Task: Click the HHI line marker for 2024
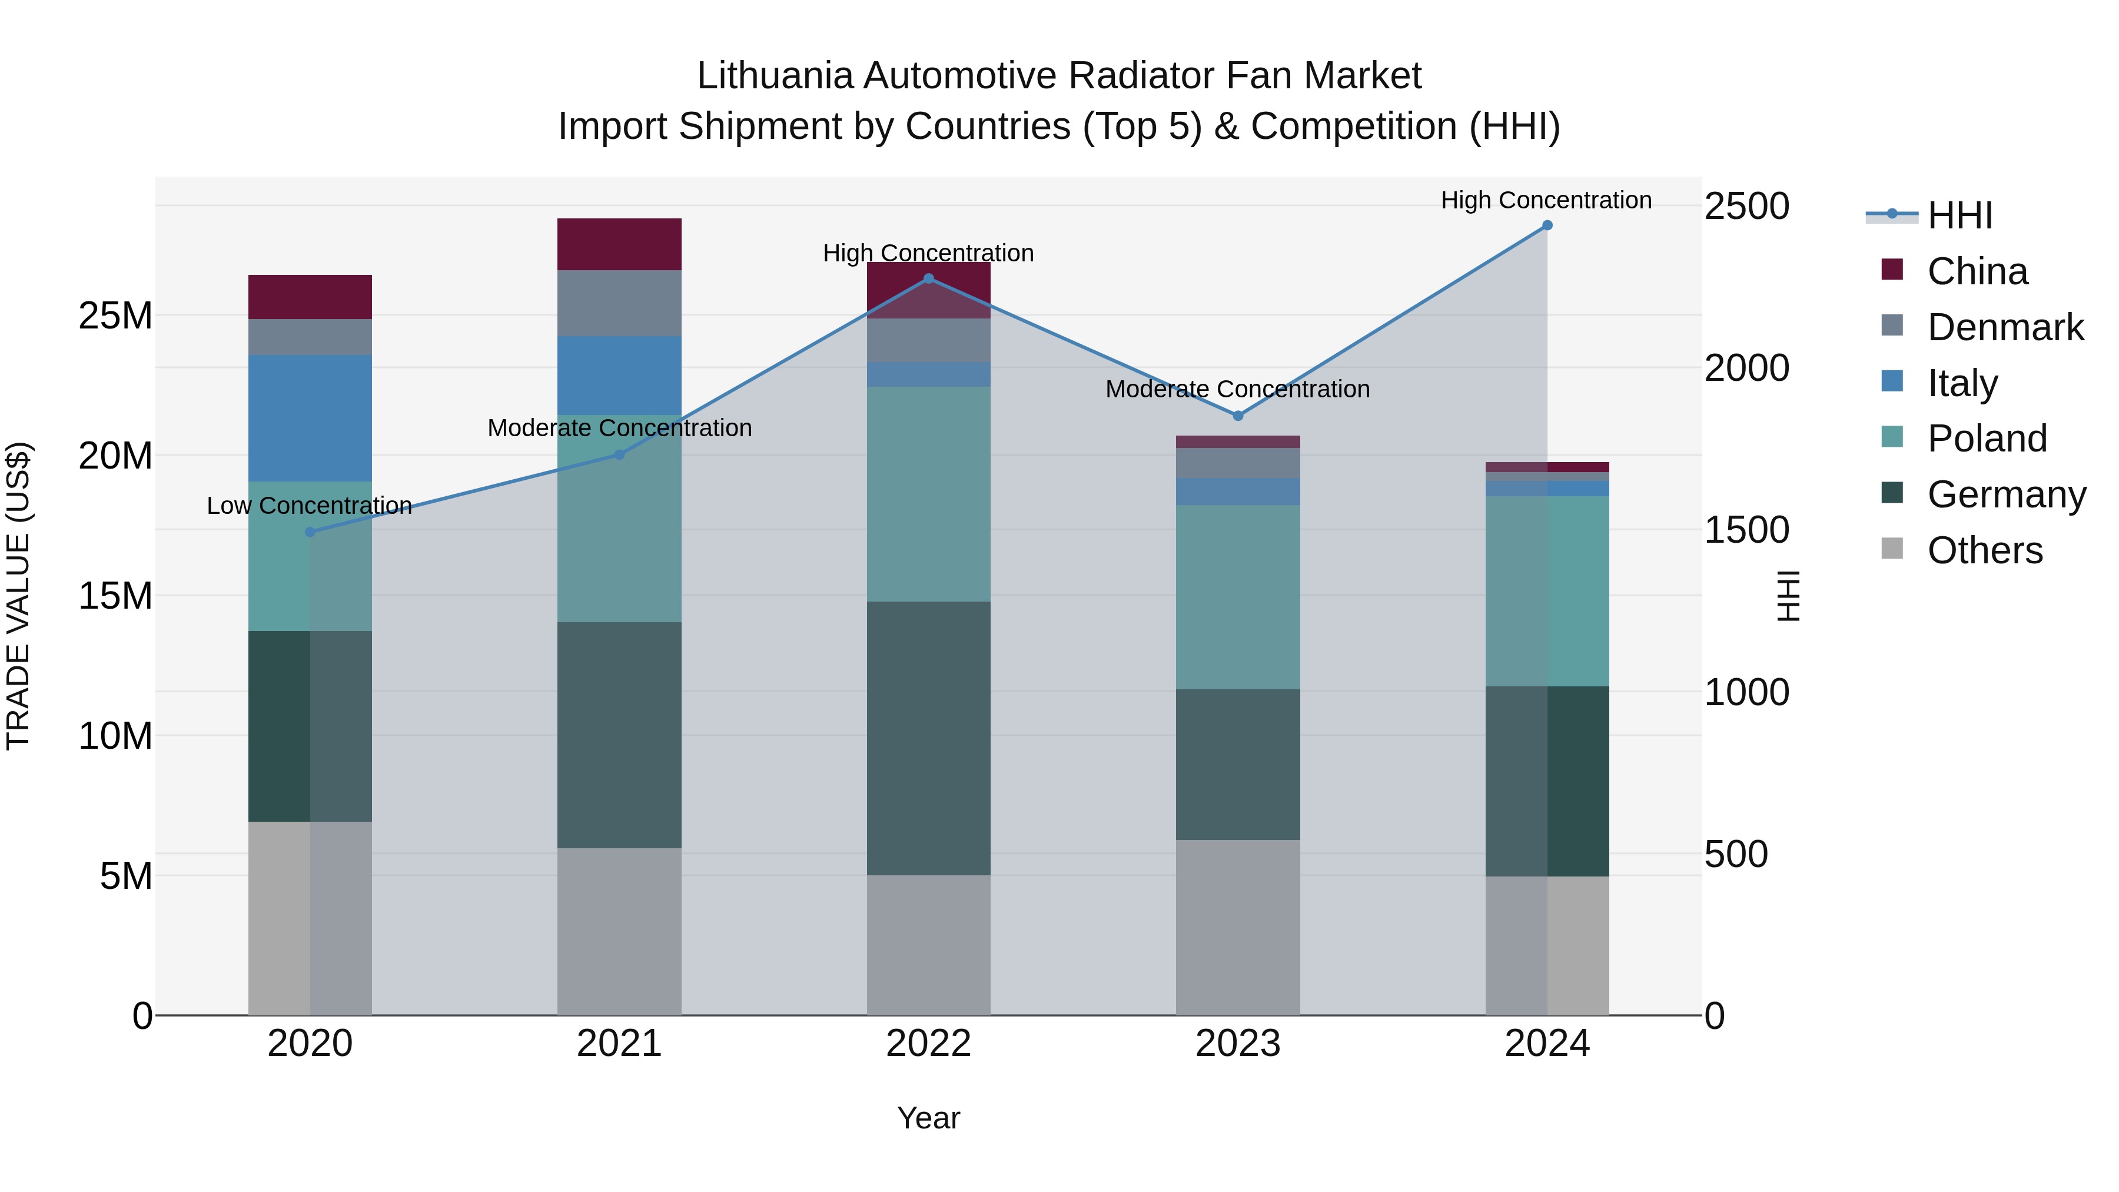1547,225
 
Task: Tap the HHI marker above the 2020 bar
310,532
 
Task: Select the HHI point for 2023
1238,416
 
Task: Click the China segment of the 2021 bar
619,244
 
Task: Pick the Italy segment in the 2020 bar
310,418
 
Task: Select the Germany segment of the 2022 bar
929,738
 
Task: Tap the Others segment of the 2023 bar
1238,927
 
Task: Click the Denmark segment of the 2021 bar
619,303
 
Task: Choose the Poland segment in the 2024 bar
1547,590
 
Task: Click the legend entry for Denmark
2005,327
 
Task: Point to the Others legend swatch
1892,549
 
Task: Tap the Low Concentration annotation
309,506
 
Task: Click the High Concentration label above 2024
1546,200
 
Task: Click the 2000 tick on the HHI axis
1746,368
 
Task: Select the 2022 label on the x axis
929,1044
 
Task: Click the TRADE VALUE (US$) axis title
18,596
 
